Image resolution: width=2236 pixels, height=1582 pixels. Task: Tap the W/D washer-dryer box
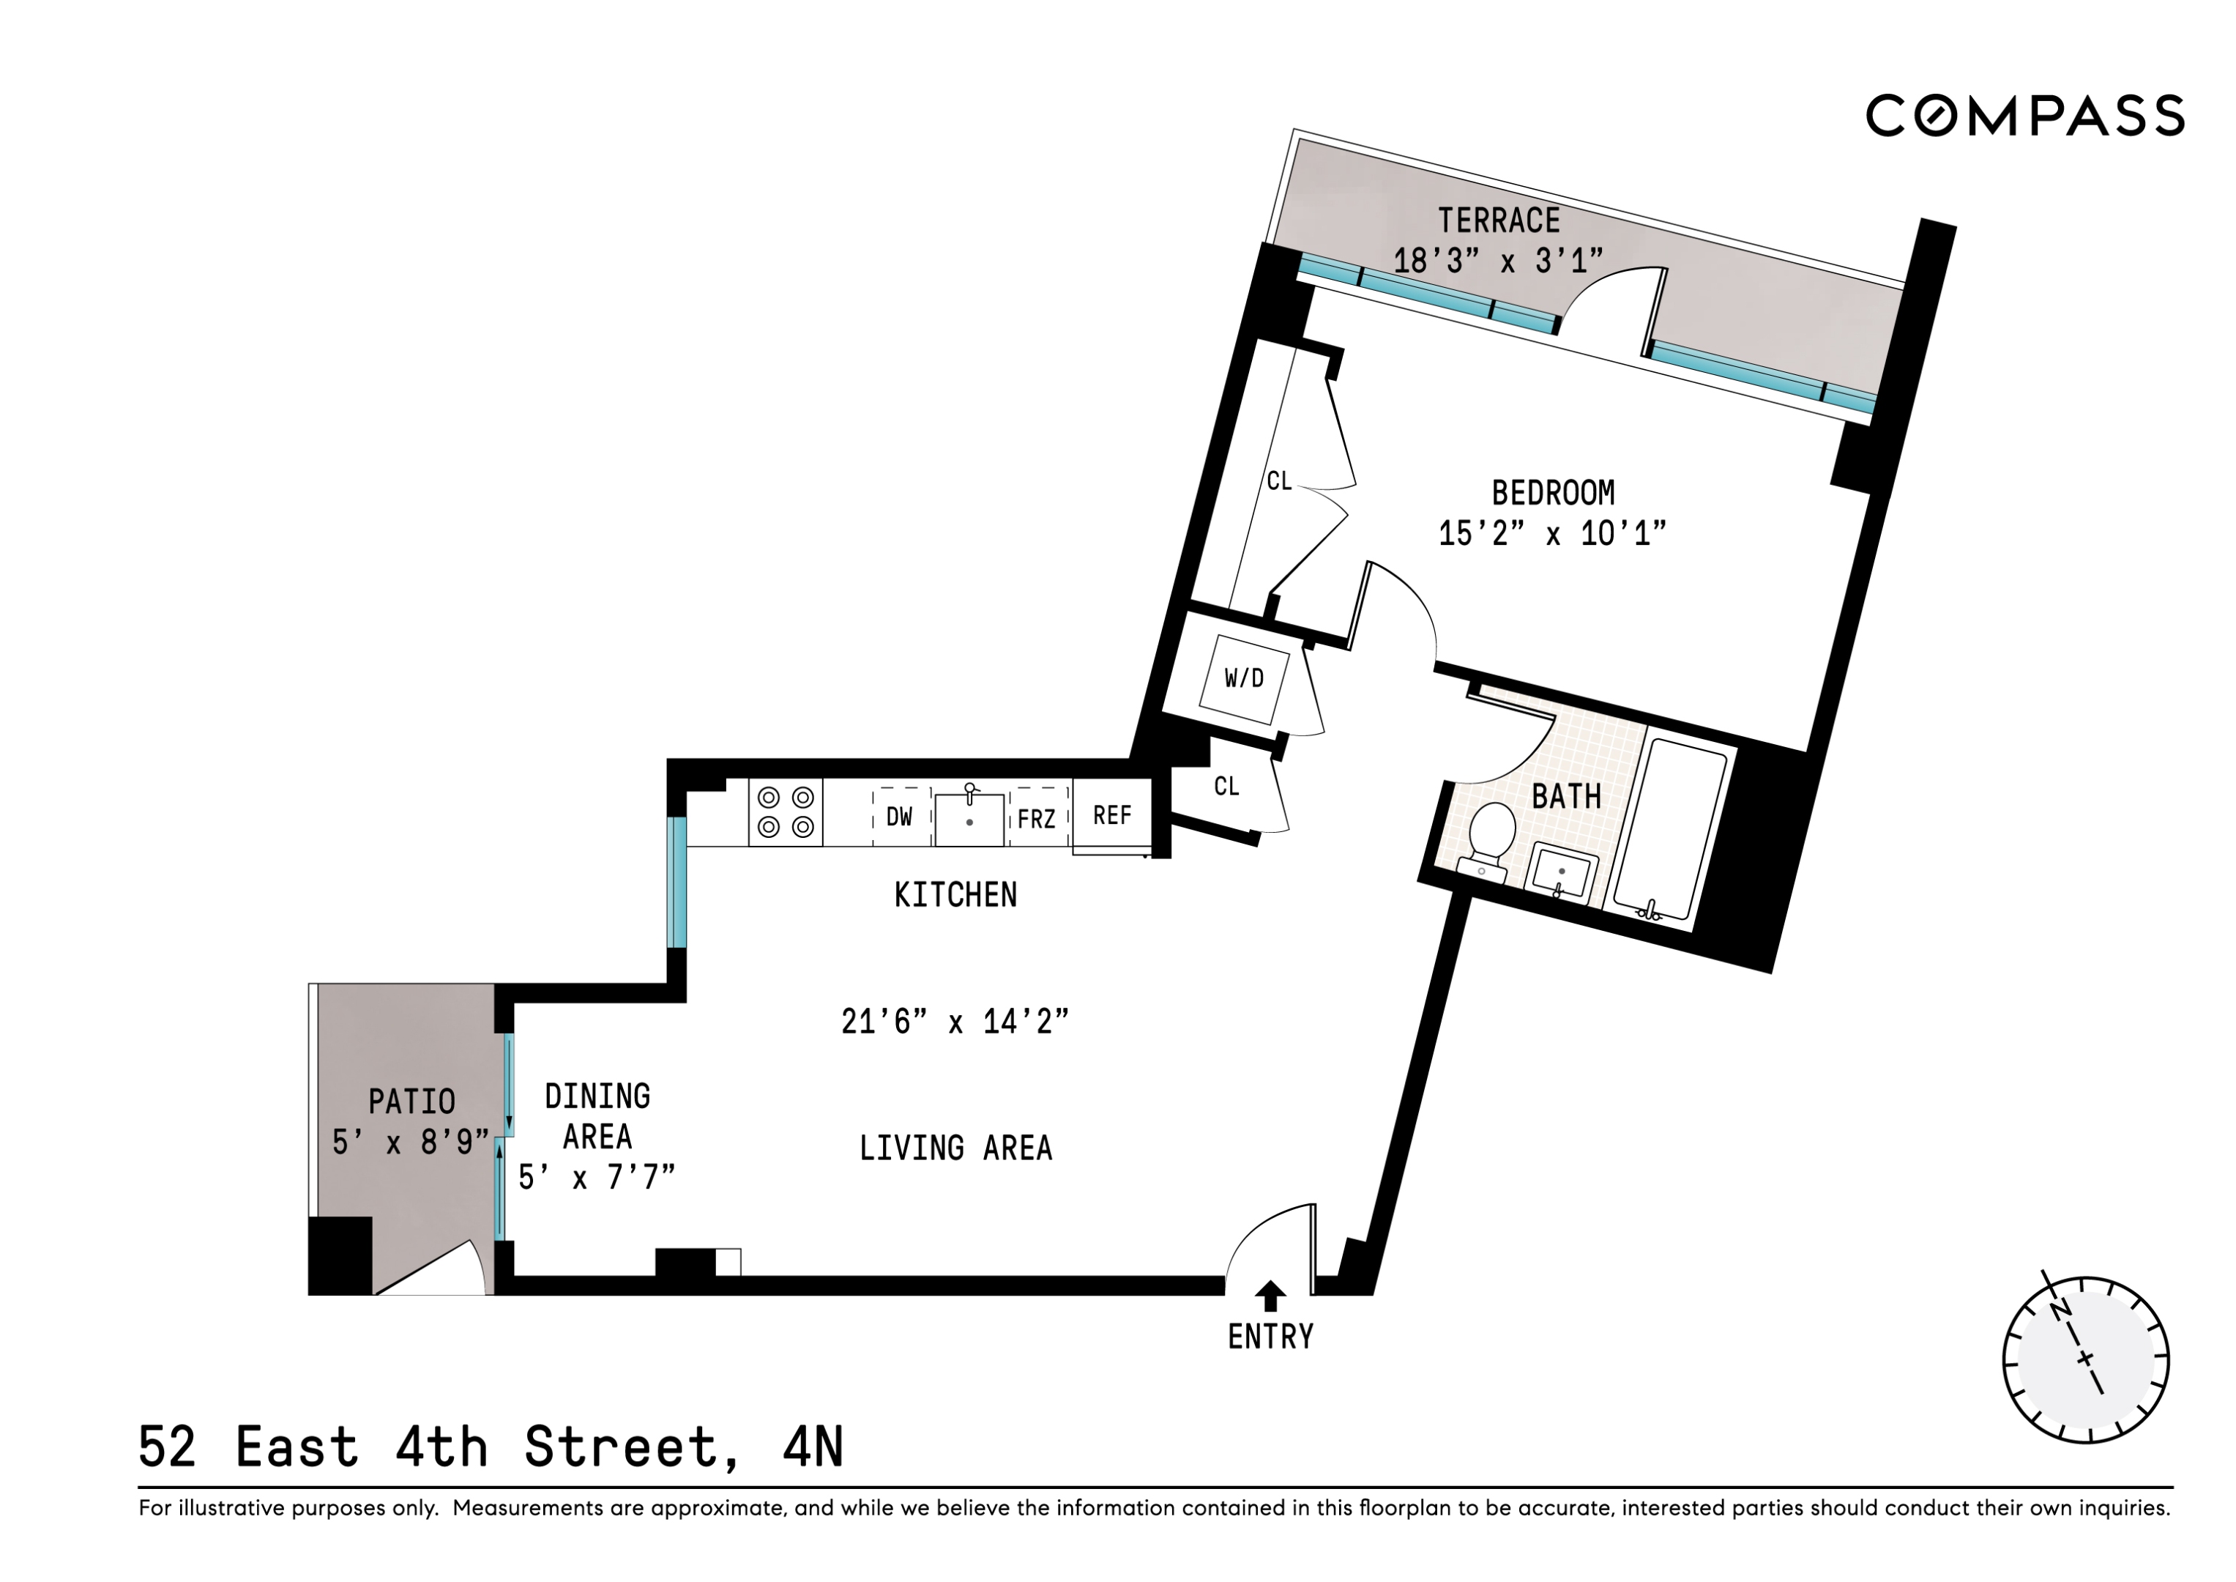pos(1244,678)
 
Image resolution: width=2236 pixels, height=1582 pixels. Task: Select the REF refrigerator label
pos(1111,815)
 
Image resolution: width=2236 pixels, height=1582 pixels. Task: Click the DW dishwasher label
pos(899,817)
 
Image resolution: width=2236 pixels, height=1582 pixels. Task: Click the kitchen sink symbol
pos(969,818)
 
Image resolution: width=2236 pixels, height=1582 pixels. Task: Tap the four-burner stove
pos(785,812)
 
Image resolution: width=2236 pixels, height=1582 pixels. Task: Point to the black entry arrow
pos(1270,1296)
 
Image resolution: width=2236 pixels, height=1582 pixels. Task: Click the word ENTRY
pos(1270,1337)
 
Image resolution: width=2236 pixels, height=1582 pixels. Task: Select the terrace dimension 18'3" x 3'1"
pos(1498,261)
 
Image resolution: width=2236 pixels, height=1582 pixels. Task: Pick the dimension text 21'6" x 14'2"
pos(955,1022)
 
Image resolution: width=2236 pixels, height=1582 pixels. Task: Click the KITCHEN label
pos(955,894)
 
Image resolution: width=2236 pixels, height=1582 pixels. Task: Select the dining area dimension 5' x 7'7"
pos(596,1178)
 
